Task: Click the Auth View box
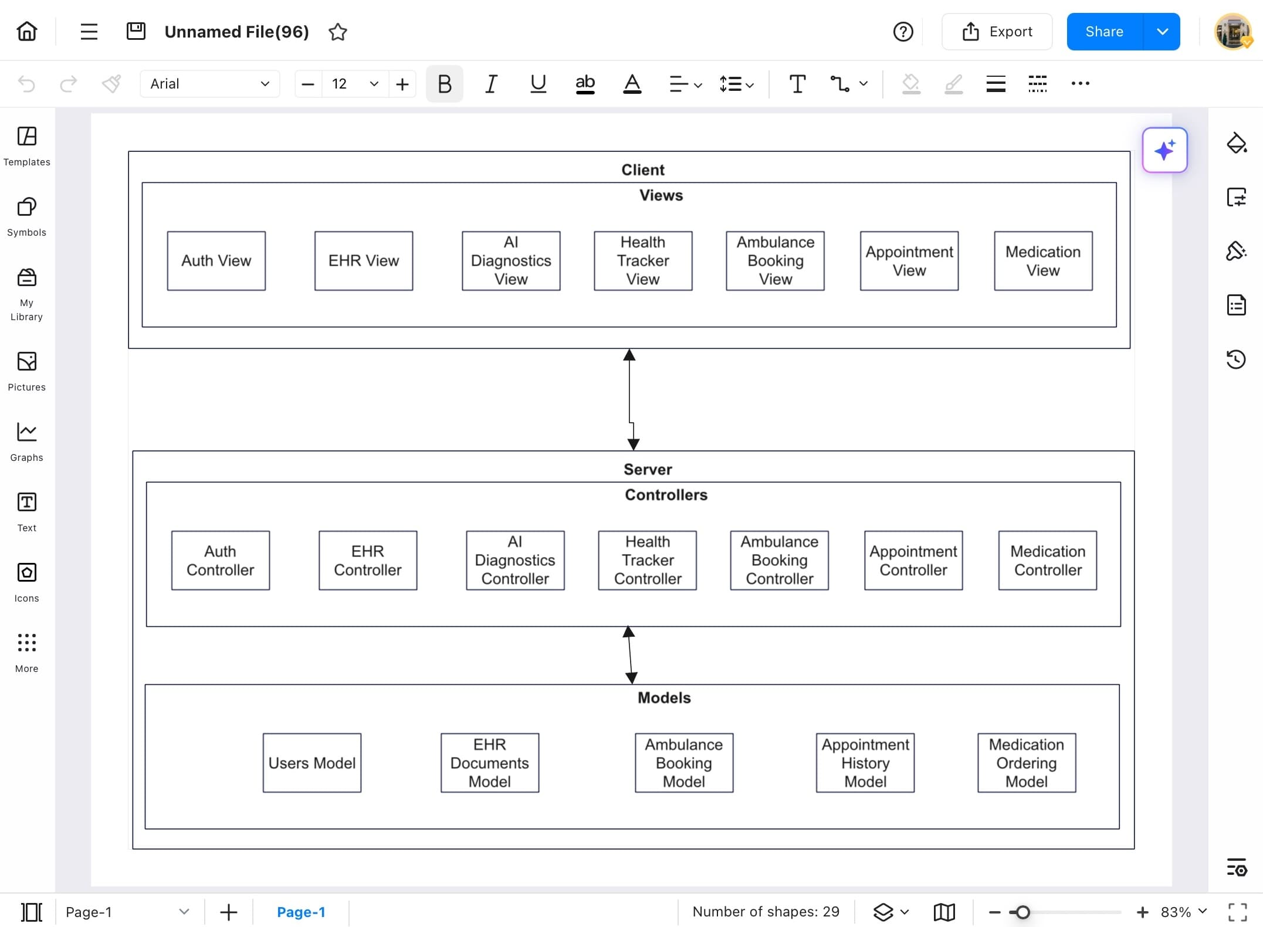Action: tap(216, 260)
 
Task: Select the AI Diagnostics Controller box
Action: tap(514, 560)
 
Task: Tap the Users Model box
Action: tap(311, 762)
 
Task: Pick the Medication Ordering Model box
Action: tap(1026, 762)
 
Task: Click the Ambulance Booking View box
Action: tap(775, 260)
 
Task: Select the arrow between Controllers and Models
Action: tap(630, 655)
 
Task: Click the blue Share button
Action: tap(1104, 32)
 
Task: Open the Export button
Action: tap(997, 32)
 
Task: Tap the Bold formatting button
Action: tap(444, 84)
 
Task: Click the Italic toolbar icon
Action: tap(491, 84)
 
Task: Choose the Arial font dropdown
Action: tap(209, 84)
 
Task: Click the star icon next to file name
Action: tap(338, 32)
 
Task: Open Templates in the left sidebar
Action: tap(26, 146)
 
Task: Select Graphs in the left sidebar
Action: tap(26, 442)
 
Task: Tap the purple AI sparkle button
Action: tap(1164, 150)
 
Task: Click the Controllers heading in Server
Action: tap(666, 495)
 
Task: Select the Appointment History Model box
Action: tap(865, 762)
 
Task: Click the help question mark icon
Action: tap(903, 32)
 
